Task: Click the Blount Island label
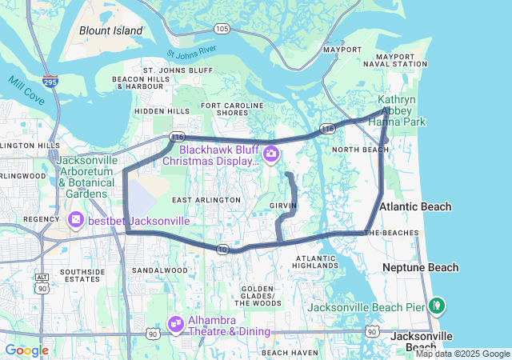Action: [110, 31]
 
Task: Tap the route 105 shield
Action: [222, 29]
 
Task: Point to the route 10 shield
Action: [222, 250]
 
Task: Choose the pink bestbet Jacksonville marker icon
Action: [76, 219]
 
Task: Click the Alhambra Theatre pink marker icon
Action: [175, 323]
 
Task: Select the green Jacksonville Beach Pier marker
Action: [436, 304]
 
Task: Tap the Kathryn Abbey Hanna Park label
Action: [402, 110]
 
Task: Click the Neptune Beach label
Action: [420, 267]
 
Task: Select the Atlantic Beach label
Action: [415, 206]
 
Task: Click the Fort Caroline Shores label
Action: [231, 109]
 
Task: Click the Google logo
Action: [26, 350]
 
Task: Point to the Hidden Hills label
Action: [162, 111]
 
